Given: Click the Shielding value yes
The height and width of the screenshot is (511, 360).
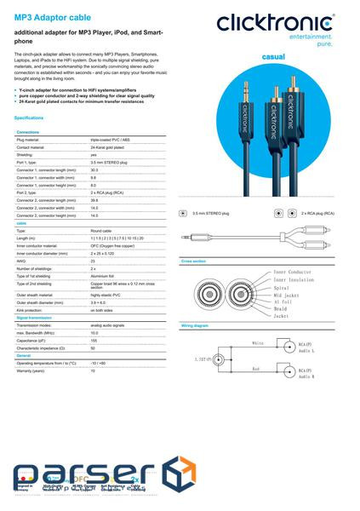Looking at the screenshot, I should (94, 155).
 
